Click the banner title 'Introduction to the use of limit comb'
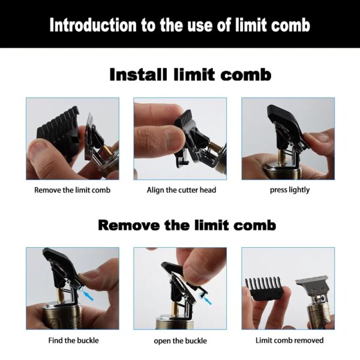point(180,25)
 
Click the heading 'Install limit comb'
point(190,75)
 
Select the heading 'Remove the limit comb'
point(187,225)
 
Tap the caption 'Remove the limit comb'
point(72,190)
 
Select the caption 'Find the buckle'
point(73,340)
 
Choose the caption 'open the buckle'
point(181,341)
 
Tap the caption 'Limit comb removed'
point(289,340)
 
